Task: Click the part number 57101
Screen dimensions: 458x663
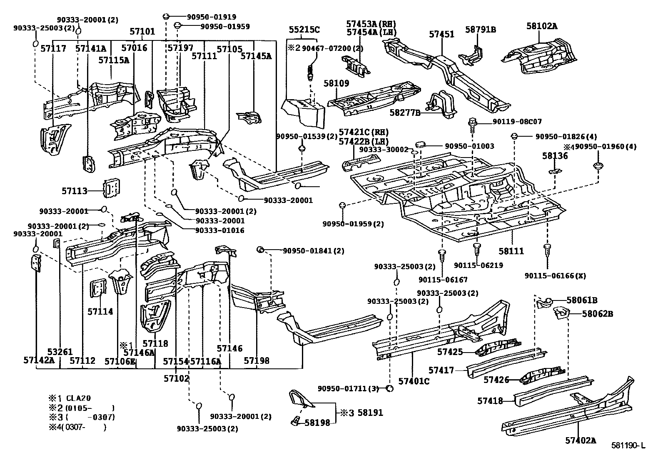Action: tap(142, 31)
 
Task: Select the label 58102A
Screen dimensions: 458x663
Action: tap(541, 26)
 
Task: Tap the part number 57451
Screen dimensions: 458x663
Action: tap(441, 34)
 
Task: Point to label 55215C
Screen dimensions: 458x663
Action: tap(304, 30)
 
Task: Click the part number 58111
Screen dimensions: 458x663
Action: tap(511, 251)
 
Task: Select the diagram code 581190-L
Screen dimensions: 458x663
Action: tap(628, 446)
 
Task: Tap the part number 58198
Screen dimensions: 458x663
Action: tap(317, 423)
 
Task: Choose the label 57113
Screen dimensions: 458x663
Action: tap(75, 191)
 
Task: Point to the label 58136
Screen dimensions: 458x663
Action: tap(555, 156)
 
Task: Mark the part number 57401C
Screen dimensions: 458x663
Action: tap(414, 381)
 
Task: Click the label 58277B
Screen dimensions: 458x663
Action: tap(404, 113)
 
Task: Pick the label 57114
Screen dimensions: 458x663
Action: tap(100, 311)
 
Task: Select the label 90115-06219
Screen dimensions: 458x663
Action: tap(479, 265)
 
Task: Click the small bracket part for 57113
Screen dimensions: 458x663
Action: tap(110, 189)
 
